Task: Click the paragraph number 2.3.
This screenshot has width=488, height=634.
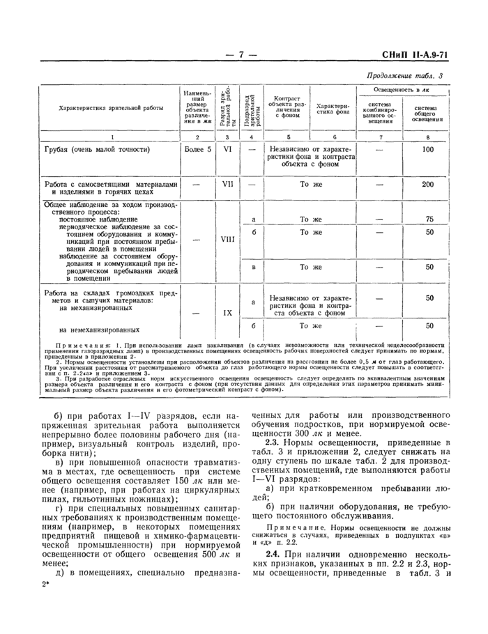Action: pyautogui.click(x=274, y=442)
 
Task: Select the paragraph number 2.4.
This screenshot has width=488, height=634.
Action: pyautogui.click(x=274, y=562)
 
